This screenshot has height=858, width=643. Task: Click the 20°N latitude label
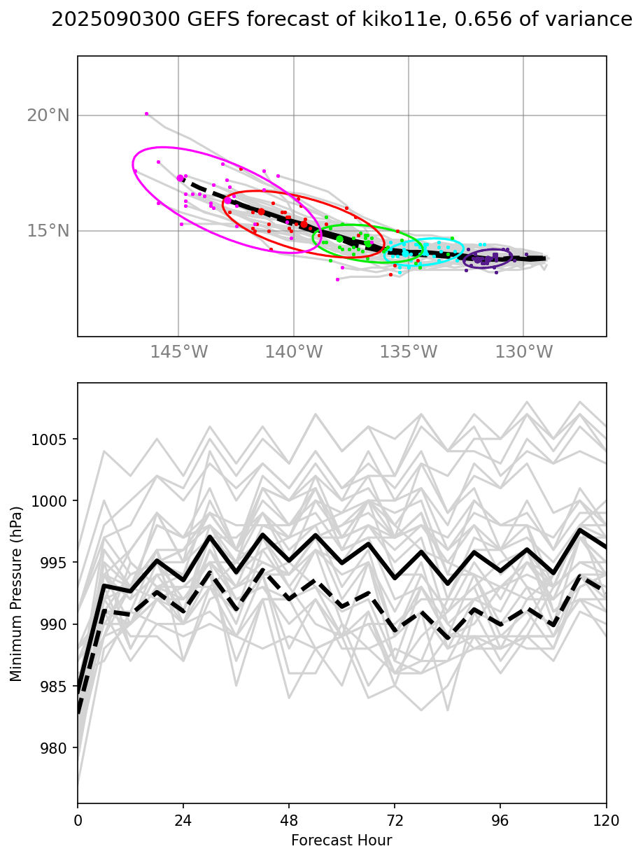tap(48, 115)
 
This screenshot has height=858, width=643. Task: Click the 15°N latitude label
tap(48, 231)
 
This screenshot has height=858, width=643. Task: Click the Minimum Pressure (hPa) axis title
tap(17, 593)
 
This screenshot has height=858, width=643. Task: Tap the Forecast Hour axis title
tap(341, 840)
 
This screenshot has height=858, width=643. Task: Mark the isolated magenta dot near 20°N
tap(146, 113)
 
